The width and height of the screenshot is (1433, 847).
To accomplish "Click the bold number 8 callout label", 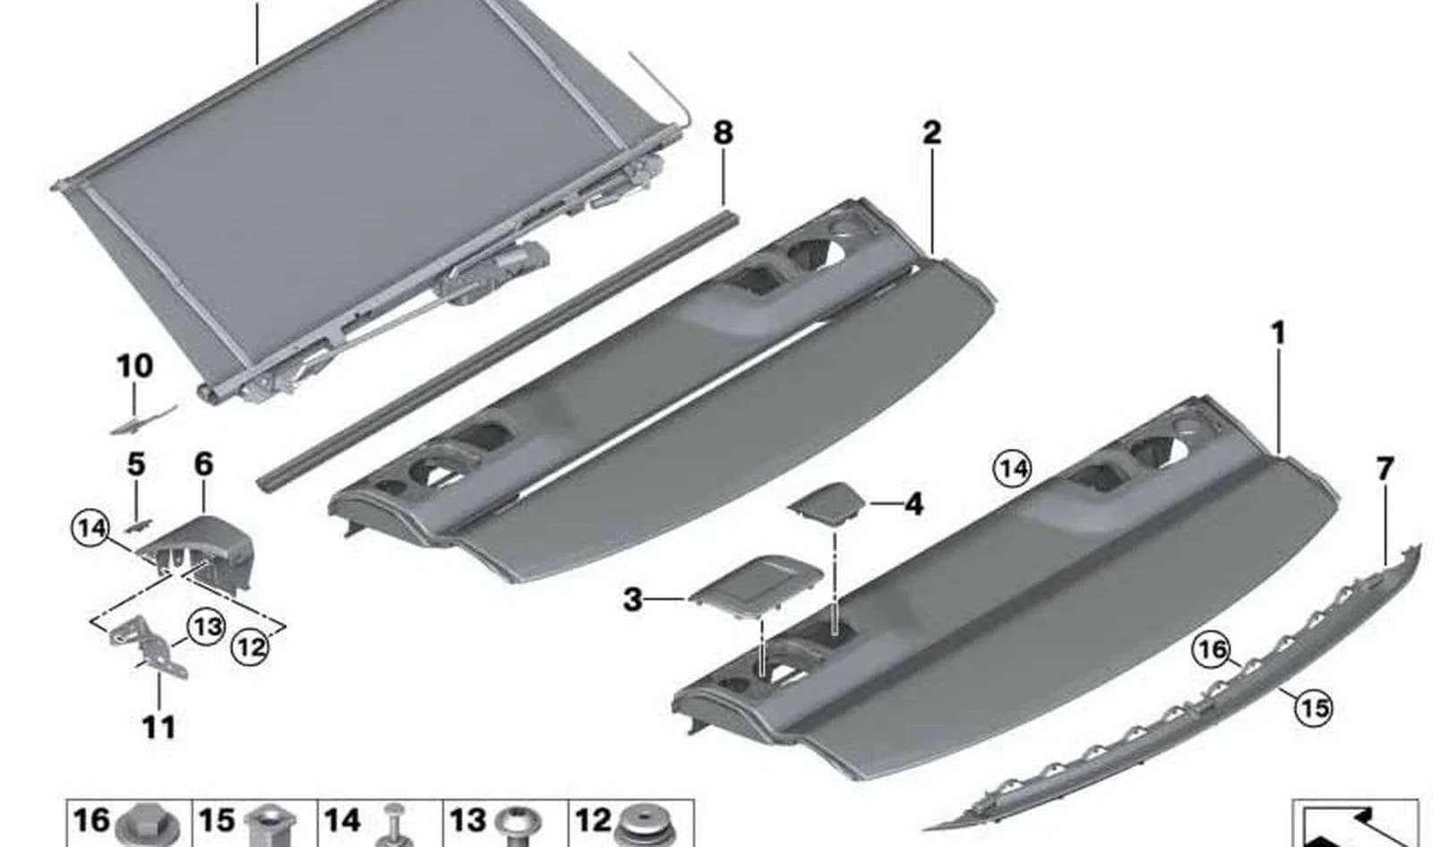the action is pyautogui.click(x=722, y=133).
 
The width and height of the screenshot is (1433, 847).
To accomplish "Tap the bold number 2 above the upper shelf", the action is pyautogui.click(x=931, y=133).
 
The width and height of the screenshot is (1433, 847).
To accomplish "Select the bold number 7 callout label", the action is pyautogui.click(x=1385, y=469).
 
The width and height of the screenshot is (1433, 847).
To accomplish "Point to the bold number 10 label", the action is pyautogui.click(x=135, y=366).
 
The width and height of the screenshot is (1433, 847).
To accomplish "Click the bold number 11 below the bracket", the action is pyautogui.click(x=159, y=727).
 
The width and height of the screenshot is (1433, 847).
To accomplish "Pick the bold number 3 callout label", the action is pyautogui.click(x=632, y=600).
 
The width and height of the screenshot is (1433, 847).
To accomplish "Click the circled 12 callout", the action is pyautogui.click(x=250, y=648).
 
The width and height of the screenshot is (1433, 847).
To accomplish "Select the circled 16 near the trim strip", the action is pyautogui.click(x=1211, y=651).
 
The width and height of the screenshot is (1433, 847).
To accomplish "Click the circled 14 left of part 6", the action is pyautogui.click(x=90, y=529).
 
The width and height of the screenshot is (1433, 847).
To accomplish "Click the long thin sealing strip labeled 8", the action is pyautogui.click(x=498, y=352).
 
